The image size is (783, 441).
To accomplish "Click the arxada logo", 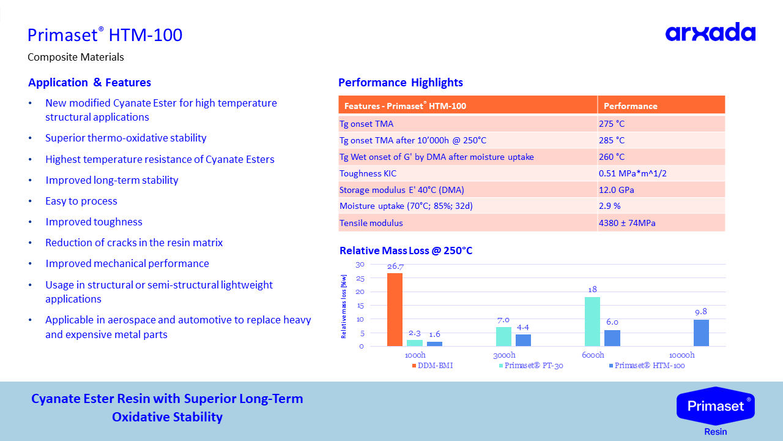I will (x=710, y=32).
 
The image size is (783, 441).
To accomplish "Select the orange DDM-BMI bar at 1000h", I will (x=395, y=309).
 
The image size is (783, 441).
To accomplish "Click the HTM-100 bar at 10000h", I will (x=701, y=333).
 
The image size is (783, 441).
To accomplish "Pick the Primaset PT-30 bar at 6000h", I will (x=592, y=322).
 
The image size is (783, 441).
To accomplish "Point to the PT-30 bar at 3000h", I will (x=503, y=336).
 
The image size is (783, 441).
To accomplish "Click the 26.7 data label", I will (x=395, y=266).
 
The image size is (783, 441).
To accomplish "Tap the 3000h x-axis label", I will (x=504, y=355).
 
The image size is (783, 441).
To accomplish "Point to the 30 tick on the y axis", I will (x=360, y=264).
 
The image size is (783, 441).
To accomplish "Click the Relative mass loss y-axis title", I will (x=344, y=306).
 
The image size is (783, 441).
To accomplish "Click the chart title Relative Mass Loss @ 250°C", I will (x=406, y=251).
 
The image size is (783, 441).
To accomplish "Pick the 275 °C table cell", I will (x=612, y=124).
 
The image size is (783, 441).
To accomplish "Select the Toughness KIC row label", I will (x=368, y=173).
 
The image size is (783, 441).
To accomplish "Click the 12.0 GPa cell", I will (x=616, y=190).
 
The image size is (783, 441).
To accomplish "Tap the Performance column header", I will (x=630, y=105).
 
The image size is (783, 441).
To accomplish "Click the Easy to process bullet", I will (x=81, y=201).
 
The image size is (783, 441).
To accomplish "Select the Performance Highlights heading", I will (x=400, y=83).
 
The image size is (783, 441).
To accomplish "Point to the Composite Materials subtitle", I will (x=76, y=57).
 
